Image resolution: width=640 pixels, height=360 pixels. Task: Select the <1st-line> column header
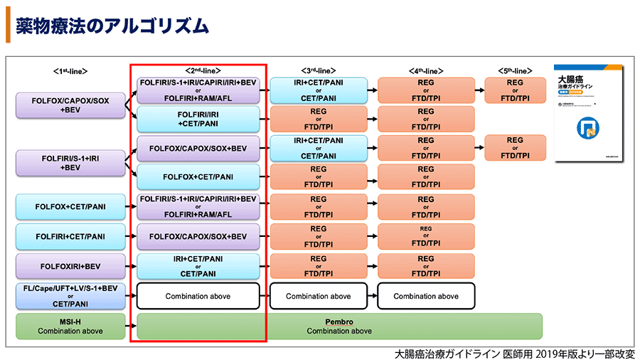point(70,71)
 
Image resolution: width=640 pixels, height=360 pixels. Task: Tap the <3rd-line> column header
point(319,71)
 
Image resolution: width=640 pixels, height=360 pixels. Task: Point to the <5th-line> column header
point(514,71)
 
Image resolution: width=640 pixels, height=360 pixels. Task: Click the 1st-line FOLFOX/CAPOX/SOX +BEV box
point(70,105)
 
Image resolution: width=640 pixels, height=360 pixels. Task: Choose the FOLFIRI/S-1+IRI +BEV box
point(70,162)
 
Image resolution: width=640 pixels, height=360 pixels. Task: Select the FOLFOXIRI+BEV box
point(70,266)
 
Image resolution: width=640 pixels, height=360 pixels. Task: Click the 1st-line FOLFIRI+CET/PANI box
point(70,236)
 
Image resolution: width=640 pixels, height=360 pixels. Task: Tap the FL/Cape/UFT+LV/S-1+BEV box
point(70,296)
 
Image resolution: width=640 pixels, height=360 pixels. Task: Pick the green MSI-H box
point(70,326)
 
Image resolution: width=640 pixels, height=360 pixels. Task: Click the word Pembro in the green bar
point(339,321)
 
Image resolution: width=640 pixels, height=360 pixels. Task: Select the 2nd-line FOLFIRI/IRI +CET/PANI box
point(198,118)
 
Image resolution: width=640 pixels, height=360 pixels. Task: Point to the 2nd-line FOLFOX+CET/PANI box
point(198,176)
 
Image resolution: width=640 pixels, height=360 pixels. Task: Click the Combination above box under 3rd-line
point(319,296)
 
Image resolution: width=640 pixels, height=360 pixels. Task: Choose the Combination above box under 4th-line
point(425,296)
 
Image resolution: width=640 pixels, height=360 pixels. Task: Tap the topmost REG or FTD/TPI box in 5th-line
point(514,90)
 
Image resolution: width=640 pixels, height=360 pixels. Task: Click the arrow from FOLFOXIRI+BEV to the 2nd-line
point(130,266)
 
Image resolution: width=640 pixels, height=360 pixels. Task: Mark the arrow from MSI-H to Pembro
point(130,326)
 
